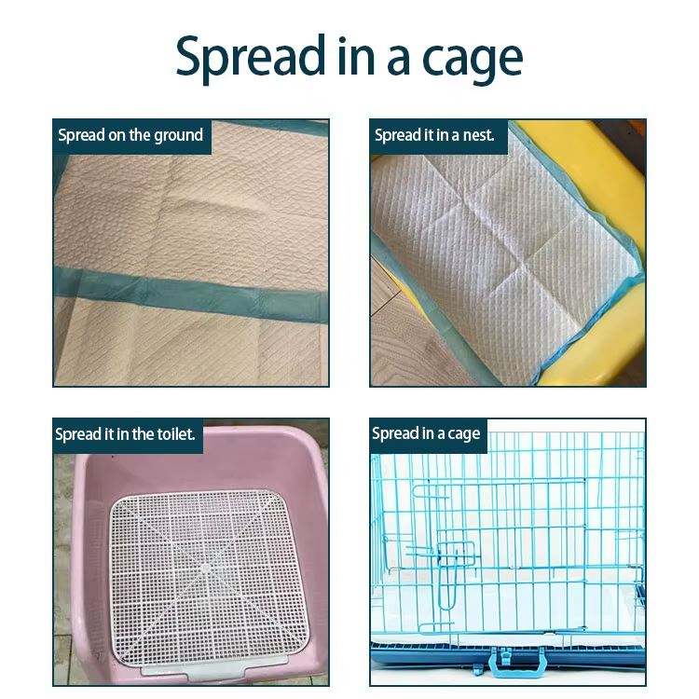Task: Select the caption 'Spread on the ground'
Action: click(x=130, y=135)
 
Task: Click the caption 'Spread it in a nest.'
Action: click(x=434, y=135)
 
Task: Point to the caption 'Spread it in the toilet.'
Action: click(x=125, y=433)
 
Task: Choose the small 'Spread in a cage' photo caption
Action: click(x=426, y=433)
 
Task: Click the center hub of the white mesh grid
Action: click(x=205, y=568)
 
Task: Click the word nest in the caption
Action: click(x=478, y=135)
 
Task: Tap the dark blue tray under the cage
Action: click(x=508, y=652)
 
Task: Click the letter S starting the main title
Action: click(x=189, y=56)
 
